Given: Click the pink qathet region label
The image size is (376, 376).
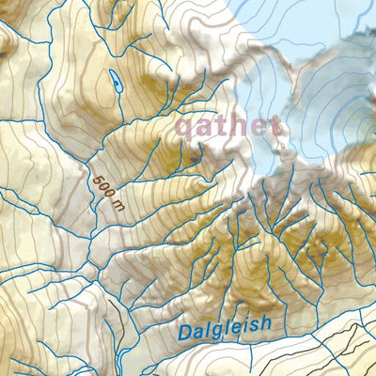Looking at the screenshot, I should pos(227,127).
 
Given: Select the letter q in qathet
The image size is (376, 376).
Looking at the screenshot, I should pos(185,129).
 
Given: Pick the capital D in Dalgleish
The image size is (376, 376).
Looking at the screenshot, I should pos(185,332).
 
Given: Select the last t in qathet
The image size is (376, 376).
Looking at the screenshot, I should pos(274,125).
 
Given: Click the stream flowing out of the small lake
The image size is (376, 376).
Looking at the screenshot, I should pos(120,102).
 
